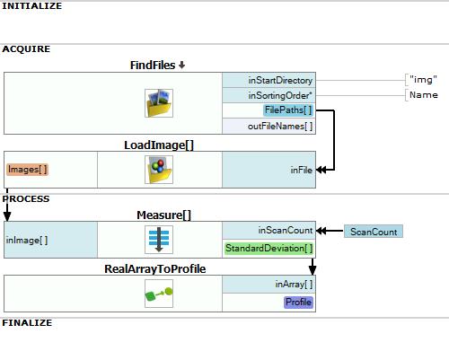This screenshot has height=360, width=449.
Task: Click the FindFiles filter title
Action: click(153, 66)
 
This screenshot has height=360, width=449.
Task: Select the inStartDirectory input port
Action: click(280, 80)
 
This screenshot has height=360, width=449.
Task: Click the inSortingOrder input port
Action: click(280, 95)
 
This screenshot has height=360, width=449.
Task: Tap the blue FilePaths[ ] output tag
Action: click(288, 110)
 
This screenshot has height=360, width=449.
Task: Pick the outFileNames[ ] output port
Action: click(280, 126)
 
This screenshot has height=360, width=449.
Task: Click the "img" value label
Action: click(423, 80)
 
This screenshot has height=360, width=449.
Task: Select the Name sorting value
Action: click(424, 95)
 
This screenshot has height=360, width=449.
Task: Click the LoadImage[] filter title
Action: click(159, 145)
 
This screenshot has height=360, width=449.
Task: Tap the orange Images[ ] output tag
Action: click(27, 170)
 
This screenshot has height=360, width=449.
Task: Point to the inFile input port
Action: click(302, 170)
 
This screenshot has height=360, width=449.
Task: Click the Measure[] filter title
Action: click(163, 215)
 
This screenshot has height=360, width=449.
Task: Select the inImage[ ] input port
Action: click(27, 240)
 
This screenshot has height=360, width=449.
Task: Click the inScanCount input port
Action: click(286, 230)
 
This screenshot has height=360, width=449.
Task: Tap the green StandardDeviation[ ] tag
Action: click(269, 249)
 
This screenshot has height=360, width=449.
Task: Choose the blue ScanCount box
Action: click(374, 232)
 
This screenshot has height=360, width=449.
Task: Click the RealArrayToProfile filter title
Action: click(155, 268)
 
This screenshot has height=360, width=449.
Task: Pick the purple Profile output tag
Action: click(298, 303)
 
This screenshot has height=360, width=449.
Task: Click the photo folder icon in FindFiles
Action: click(159, 103)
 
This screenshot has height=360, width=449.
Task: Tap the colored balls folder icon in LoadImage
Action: click(159, 170)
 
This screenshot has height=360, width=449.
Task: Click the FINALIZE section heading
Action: click(27, 322)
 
